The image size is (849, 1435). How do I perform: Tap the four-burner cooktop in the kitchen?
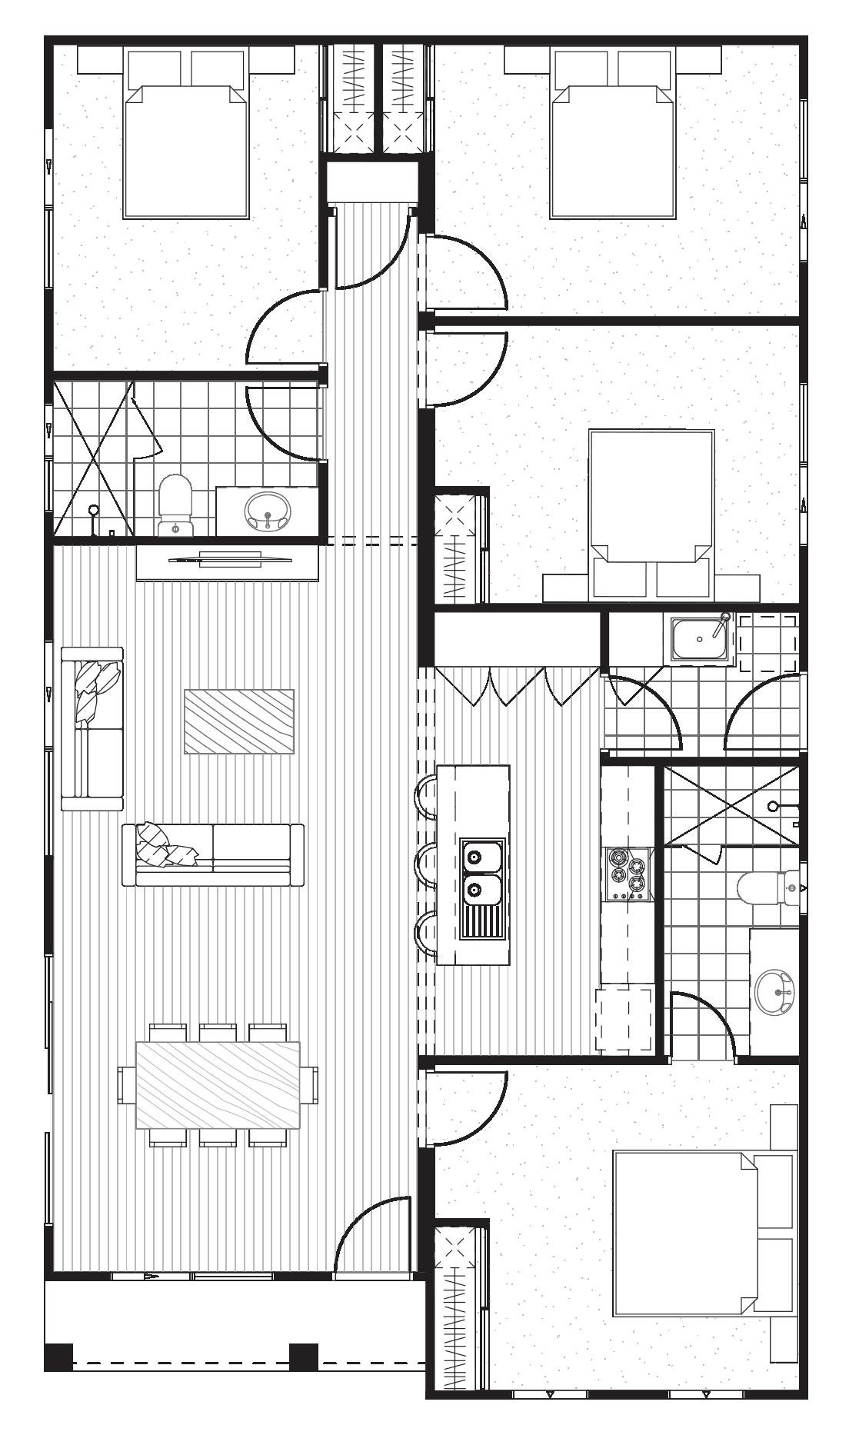tap(627, 874)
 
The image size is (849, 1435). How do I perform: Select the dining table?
tap(218, 1085)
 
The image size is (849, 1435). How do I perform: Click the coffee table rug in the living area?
tap(239, 721)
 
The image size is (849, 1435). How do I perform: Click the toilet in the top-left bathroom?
tap(175, 504)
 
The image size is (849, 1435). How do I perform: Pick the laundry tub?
tap(699, 638)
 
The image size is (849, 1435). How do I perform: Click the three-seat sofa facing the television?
tap(213, 855)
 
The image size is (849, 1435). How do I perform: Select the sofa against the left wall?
tap(93, 729)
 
